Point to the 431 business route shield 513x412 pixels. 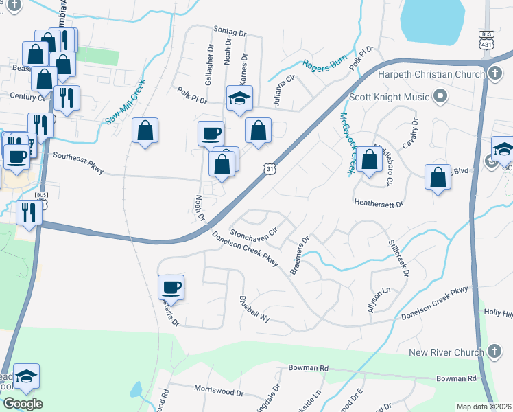click(486, 38)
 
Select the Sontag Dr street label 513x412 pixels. click(229, 31)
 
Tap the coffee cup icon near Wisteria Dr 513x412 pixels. click(171, 286)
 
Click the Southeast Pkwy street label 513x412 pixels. click(78, 162)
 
